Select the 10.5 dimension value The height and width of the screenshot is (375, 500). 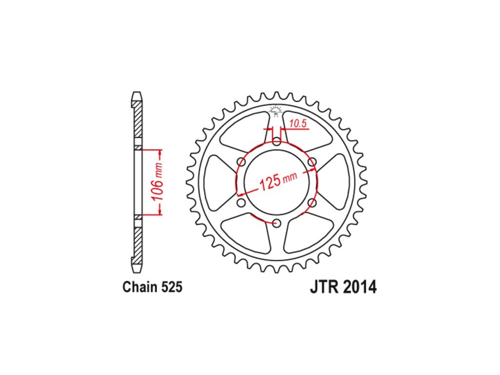pyautogui.click(x=297, y=124)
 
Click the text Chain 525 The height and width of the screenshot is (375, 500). pyautogui.click(x=152, y=287)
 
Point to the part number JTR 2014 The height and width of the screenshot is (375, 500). pyautogui.click(x=343, y=287)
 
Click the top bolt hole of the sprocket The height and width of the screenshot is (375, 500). pyautogui.click(x=277, y=142)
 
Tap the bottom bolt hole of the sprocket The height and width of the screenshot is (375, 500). pyautogui.click(x=277, y=223)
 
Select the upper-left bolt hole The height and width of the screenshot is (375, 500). pyautogui.click(x=241, y=162)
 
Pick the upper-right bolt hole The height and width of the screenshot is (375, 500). pyautogui.click(x=312, y=162)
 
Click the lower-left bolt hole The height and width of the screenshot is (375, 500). pyautogui.click(x=241, y=202)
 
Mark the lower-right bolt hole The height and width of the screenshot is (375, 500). pyautogui.click(x=312, y=202)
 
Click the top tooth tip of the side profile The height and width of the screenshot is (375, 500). pyautogui.click(x=137, y=94)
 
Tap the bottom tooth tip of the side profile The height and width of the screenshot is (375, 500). pyautogui.click(x=137, y=270)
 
